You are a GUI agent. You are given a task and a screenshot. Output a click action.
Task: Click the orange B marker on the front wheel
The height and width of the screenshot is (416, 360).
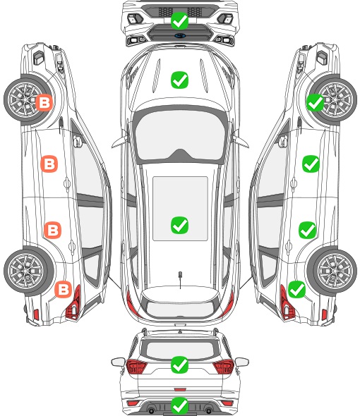[44, 102]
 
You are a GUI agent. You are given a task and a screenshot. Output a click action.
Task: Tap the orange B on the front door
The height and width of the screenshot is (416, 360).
[49, 164]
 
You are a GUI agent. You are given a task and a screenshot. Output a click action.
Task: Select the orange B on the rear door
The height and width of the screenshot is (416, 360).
[53, 230]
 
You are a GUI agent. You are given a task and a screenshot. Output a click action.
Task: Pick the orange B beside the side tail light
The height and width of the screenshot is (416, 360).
[64, 289]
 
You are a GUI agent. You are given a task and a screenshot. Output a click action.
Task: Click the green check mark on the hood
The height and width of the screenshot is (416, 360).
[179, 80]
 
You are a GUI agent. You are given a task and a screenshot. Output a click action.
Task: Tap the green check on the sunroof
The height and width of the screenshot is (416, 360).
[179, 225]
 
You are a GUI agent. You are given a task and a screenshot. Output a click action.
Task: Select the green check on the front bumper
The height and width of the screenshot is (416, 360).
[179, 20]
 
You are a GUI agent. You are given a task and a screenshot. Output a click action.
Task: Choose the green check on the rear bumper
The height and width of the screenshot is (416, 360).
[179, 405]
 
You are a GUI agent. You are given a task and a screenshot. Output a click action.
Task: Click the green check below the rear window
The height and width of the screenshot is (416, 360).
[179, 365]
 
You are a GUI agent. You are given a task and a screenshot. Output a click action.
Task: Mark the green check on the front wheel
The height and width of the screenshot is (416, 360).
[316, 102]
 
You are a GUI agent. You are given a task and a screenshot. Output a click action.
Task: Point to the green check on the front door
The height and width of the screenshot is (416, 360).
[311, 164]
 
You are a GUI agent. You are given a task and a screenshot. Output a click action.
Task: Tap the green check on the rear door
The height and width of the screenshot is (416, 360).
[307, 230]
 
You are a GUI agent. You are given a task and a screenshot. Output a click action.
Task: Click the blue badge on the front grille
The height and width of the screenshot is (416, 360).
[180, 35]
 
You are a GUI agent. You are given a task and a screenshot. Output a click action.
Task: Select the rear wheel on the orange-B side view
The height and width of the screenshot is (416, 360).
[29, 271]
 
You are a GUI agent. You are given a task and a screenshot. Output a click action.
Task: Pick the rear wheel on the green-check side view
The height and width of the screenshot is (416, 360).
[332, 271]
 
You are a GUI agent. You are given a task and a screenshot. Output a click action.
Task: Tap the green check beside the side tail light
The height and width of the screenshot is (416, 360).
[296, 290]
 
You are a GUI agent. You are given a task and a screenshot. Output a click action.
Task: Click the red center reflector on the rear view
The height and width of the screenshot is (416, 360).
[180, 389]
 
